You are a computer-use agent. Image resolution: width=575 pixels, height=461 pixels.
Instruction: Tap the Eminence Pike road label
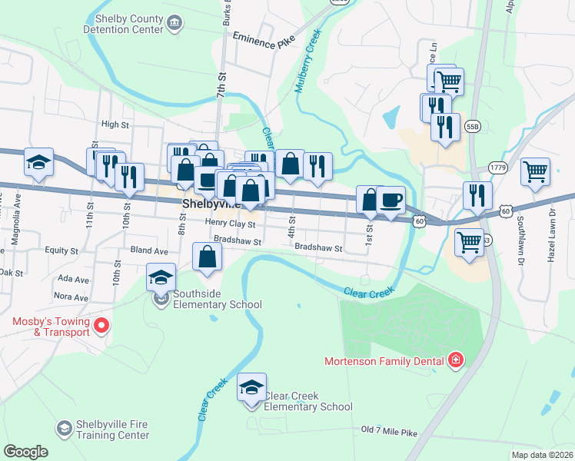pyautogui.click(x=243, y=41)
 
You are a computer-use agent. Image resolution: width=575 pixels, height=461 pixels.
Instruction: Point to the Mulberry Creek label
pyautogui.click(x=307, y=62)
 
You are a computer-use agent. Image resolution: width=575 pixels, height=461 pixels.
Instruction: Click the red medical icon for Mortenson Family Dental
pyautogui.click(x=457, y=360)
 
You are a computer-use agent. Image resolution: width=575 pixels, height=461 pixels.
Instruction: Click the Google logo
pyautogui.click(x=25, y=452)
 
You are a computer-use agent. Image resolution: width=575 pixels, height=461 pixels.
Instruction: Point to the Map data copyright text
pyautogui.click(x=543, y=455)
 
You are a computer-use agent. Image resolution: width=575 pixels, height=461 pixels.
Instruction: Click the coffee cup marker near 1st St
pyautogui.click(x=391, y=201)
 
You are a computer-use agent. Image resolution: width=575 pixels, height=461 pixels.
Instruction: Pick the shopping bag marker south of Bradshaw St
pyautogui.click(x=207, y=257)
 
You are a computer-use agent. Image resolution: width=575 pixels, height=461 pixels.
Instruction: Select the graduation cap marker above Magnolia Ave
pyautogui.click(x=38, y=163)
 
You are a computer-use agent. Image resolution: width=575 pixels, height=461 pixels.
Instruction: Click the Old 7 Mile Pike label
pyautogui.click(x=389, y=433)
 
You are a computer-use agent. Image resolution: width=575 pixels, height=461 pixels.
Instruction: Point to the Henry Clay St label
pyautogui.click(x=230, y=223)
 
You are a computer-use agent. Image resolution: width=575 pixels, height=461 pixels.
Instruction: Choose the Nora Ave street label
pyautogui.click(x=68, y=296)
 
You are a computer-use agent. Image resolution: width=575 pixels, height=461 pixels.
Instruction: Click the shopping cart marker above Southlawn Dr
pyautogui.click(x=535, y=171)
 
